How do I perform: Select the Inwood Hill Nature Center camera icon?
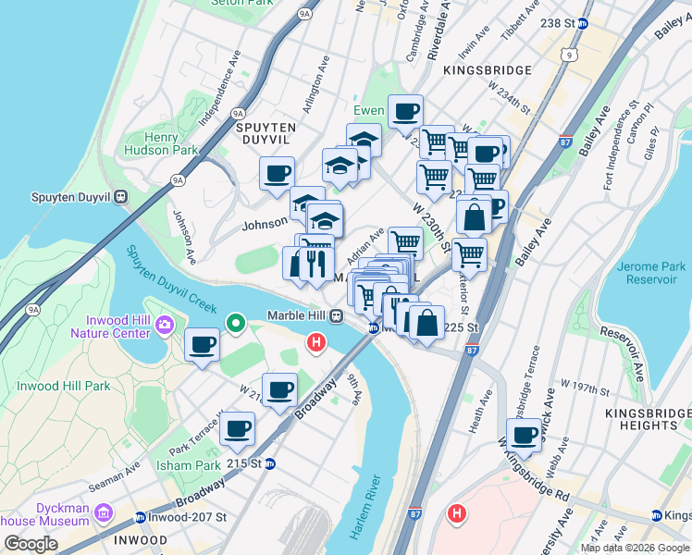point(166,324)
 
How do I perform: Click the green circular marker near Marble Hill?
point(236,324)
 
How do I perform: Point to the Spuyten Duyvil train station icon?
point(121,197)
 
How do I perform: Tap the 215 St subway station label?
point(253,463)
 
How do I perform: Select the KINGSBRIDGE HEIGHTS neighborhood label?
point(644,418)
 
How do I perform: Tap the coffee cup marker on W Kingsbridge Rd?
point(524,436)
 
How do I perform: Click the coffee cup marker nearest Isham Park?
point(238,428)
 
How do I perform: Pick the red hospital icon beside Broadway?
point(315,343)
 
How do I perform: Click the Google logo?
point(31,543)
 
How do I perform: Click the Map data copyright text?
point(635,548)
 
